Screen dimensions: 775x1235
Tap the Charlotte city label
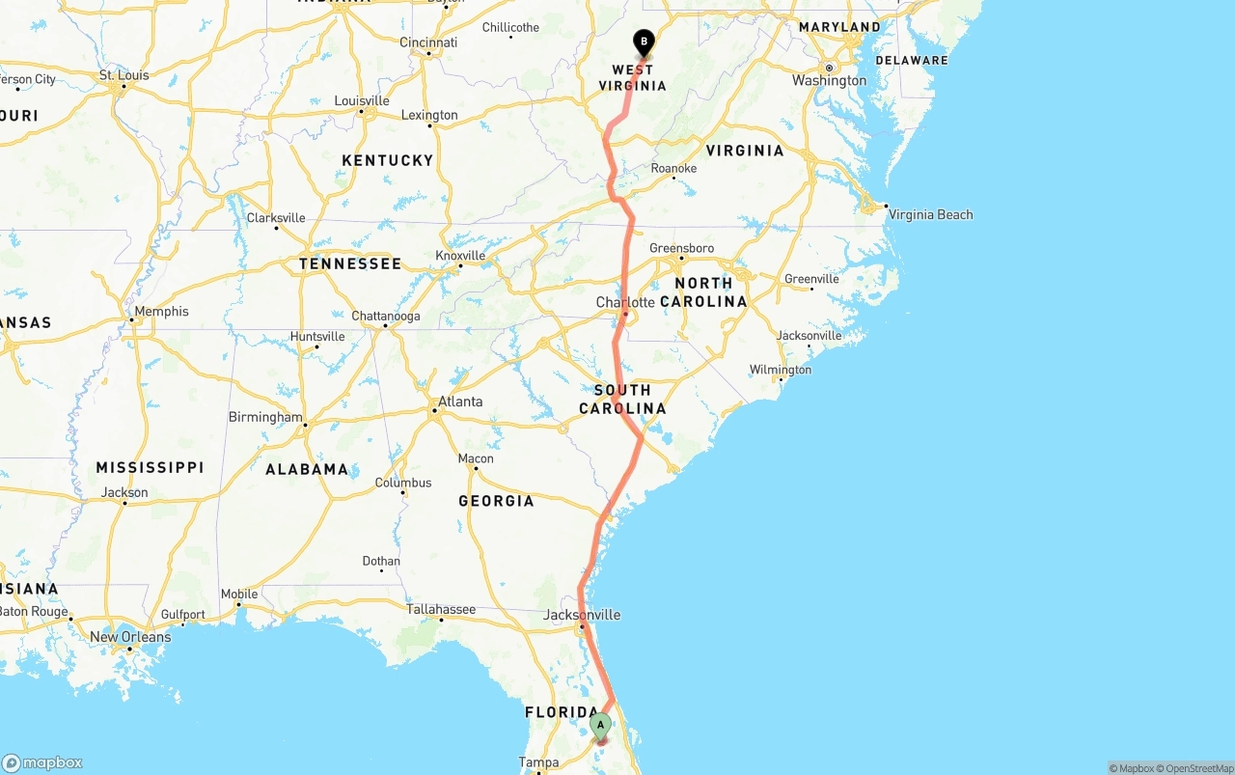(x=625, y=302)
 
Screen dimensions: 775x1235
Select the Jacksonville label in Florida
(x=582, y=615)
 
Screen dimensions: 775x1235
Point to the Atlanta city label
(x=460, y=401)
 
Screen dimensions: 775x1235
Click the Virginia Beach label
(x=930, y=214)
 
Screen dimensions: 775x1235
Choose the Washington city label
(x=829, y=80)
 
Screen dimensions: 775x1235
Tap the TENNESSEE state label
(x=350, y=263)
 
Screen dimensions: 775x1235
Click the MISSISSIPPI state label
(x=150, y=467)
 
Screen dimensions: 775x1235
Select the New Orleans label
(x=130, y=637)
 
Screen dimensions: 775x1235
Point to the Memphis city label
(x=161, y=312)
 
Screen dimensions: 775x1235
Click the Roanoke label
(x=673, y=168)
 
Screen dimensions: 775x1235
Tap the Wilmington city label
(x=781, y=370)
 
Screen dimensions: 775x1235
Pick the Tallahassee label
(x=441, y=609)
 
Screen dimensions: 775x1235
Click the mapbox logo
(x=42, y=762)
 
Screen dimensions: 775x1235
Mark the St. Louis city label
(x=124, y=75)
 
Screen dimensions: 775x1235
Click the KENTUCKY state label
(x=388, y=160)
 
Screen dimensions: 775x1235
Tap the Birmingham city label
(x=265, y=417)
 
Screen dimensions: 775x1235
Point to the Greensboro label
(x=682, y=248)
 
